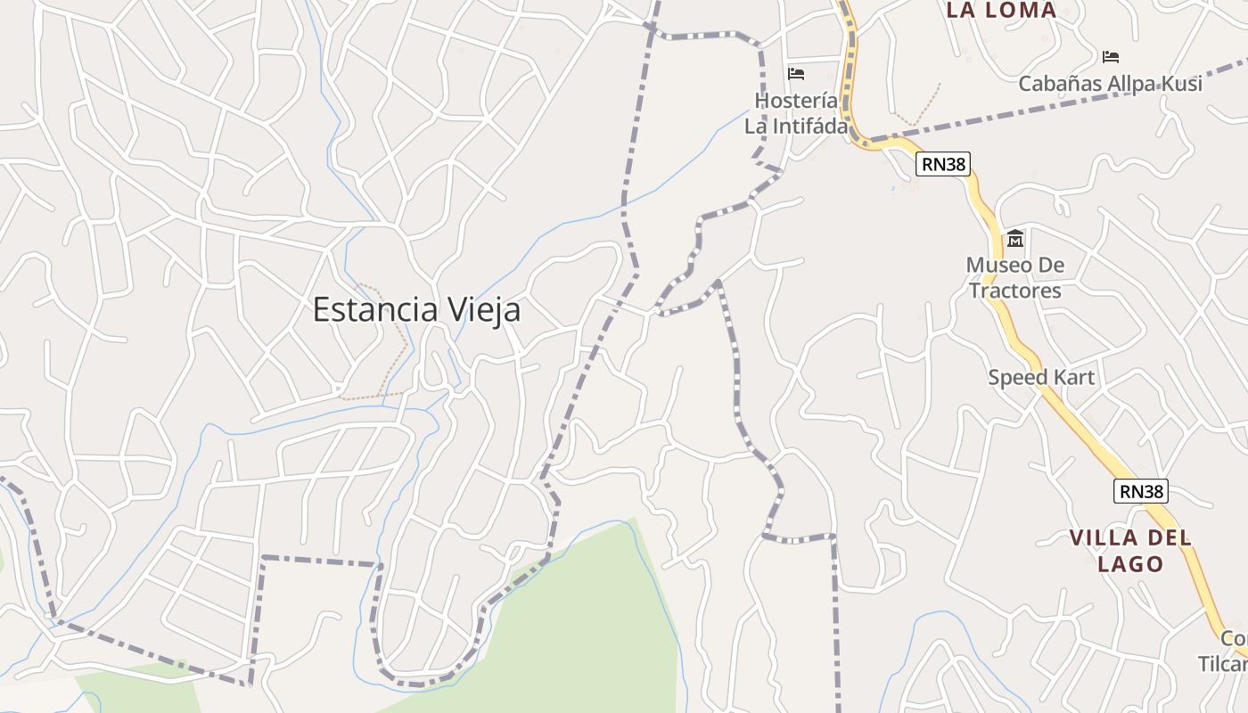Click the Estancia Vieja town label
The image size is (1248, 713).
tap(416, 310)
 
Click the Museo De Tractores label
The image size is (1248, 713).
tap(1015, 278)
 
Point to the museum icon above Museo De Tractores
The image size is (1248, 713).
tap(1015, 239)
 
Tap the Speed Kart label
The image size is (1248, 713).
tap(1041, 377)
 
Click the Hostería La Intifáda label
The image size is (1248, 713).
tap(796, 113)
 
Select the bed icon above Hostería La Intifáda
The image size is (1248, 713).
tap(796, 73)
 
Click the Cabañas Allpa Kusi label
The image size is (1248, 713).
tap(1110, 84)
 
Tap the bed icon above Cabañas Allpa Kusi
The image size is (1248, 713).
tap(1110, 57)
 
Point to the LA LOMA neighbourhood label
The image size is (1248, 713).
tap(1001, 11)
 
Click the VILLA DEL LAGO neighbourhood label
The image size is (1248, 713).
tap(1130, 551)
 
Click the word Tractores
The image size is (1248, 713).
tap(1015, 291)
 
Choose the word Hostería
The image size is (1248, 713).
tap(796, 101)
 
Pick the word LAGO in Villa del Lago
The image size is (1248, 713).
tap(1130, 564)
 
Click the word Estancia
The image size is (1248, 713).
tap(375, 310)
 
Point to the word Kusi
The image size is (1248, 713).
tap(1182, 84)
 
